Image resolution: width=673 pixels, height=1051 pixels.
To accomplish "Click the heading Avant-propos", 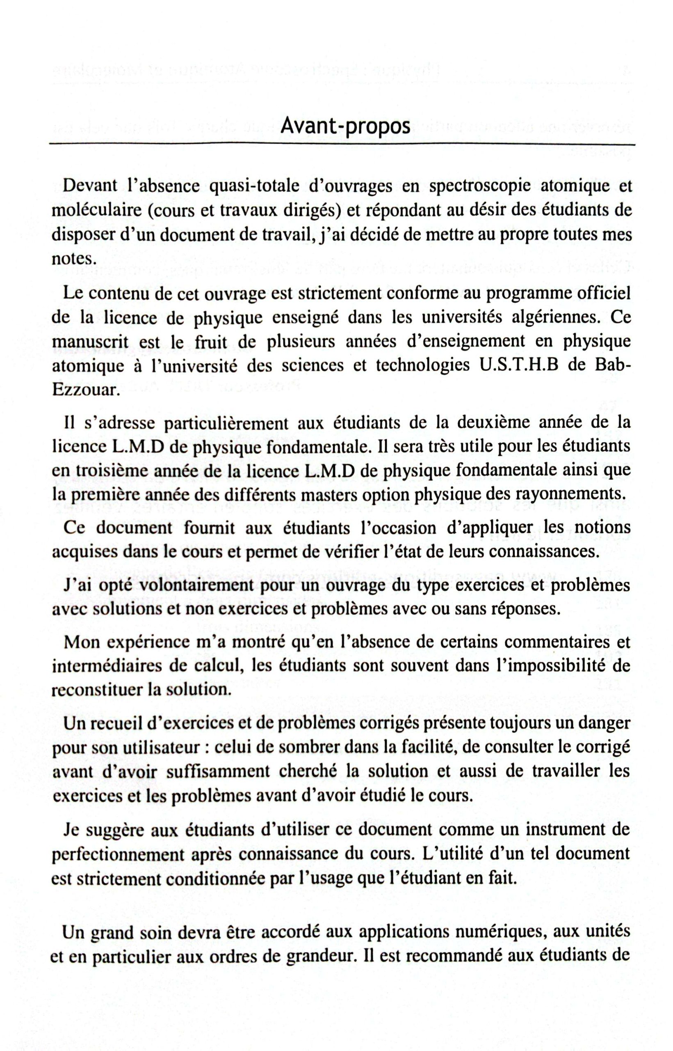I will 345,126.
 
